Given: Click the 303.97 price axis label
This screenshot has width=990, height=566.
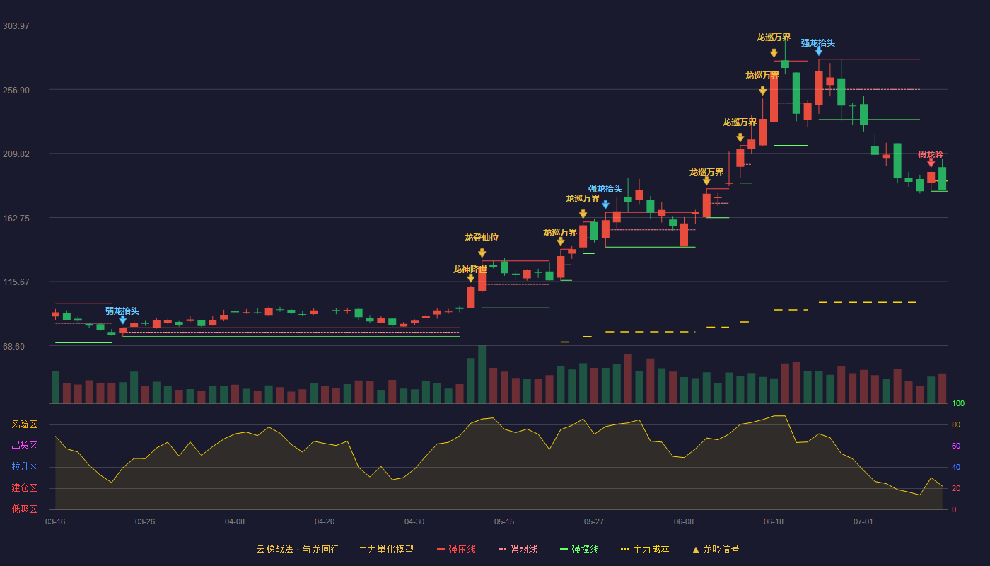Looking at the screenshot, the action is click(16, 26).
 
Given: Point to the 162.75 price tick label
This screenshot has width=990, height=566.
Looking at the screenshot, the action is click(16, 219).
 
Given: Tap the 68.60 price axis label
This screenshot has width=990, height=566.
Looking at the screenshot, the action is click(13, 346).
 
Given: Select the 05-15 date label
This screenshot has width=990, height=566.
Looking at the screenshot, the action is click(504, 522).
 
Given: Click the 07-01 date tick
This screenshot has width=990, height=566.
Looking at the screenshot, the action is click(863, 522).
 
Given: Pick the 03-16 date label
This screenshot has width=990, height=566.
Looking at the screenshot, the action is click(55, 522).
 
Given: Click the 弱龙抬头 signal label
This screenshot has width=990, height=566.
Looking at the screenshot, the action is click(122, 311).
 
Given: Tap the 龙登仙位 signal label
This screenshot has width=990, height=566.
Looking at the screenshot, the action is click(482, 238).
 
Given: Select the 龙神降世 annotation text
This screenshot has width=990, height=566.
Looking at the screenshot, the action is click(470, 270).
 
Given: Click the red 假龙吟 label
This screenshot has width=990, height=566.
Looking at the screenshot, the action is click(931, 155).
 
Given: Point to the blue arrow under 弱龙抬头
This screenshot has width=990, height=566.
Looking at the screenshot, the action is click(123, 320).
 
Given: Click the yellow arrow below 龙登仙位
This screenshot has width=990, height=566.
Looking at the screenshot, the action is click(482, 253).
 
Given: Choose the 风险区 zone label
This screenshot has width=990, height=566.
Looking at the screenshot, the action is click(24, 424).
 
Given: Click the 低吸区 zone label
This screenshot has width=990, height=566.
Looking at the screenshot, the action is click(24, 509).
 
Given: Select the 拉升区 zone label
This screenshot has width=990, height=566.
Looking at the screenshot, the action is click(24, 467).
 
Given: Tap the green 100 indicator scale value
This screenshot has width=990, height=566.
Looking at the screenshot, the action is click(958, 403).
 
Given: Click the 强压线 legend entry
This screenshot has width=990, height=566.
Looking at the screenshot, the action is click(456, 549).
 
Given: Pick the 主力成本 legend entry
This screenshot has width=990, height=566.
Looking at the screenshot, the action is click(645, 549).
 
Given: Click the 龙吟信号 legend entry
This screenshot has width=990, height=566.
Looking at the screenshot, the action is click(716, 549).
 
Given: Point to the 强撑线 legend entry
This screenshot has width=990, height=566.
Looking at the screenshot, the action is click(579, 549).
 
